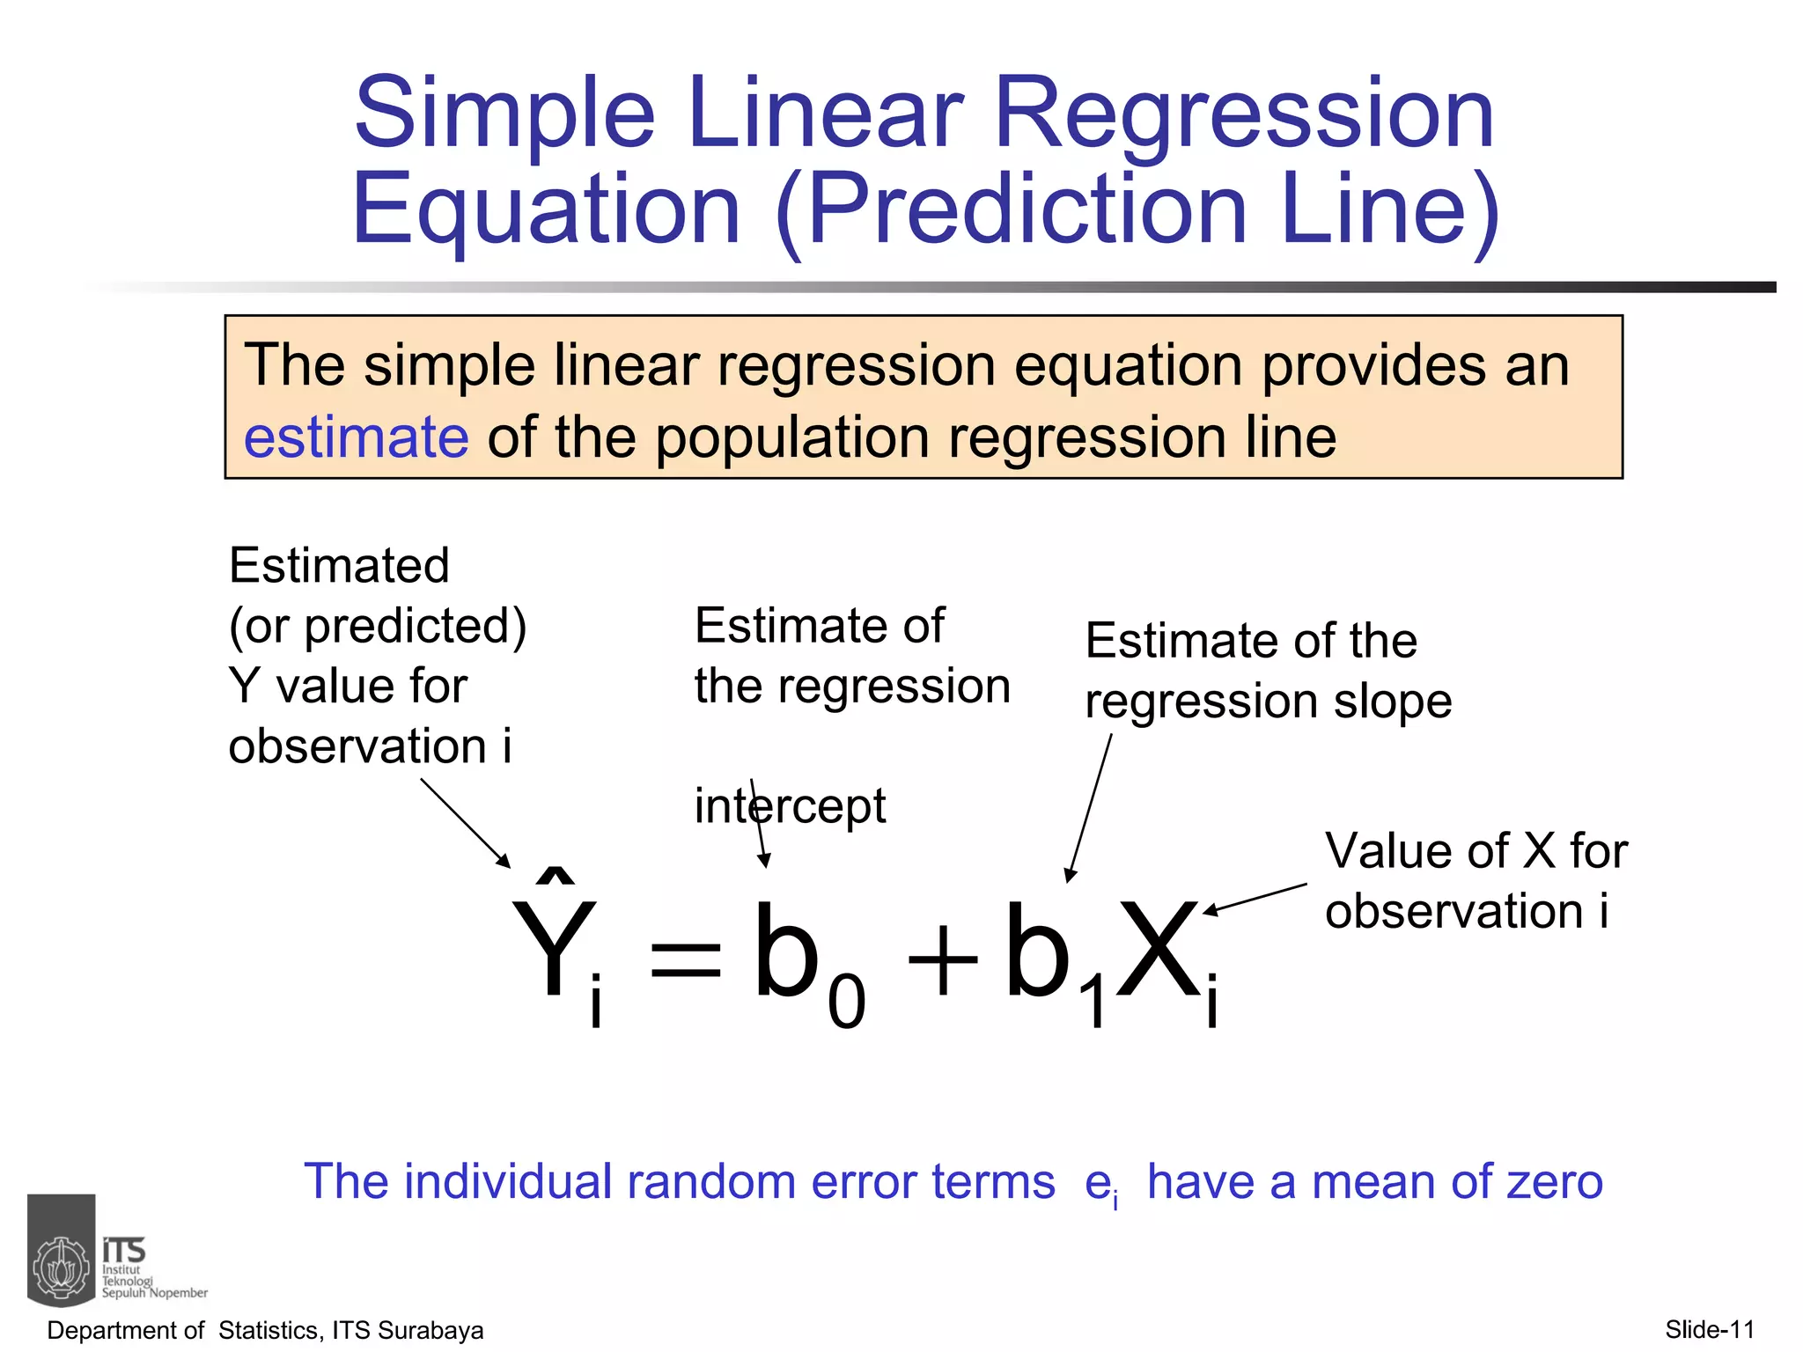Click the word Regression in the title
(1243, 114)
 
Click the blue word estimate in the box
(356, 438)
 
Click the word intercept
(790, 806)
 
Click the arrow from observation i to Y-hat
(465, 823)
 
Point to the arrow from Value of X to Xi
(1255, 899)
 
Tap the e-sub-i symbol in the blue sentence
(1101, 1185)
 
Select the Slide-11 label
(1709, 1329)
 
